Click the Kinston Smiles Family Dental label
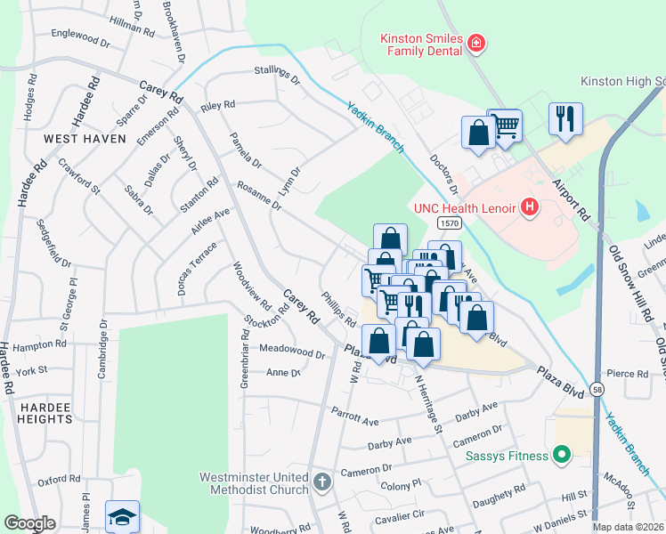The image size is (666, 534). [421, 44]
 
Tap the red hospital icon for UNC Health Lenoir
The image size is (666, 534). [531, 208]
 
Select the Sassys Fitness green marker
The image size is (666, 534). [561, 457]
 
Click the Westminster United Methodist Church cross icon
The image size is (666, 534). [322, 483]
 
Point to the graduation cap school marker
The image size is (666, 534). [123, 517]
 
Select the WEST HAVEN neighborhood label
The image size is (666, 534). [85, 139]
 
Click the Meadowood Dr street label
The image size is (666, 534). [291, 352]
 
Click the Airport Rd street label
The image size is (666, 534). [571, 199]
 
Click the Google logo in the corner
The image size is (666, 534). [30, 523]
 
